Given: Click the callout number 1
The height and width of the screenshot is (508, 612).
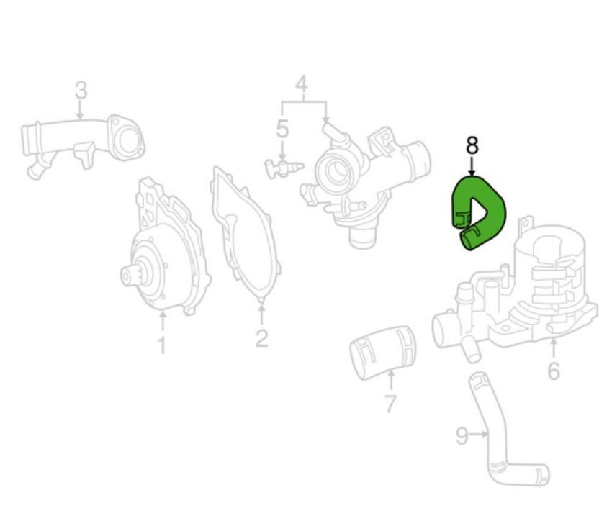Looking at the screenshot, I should pyautogui.click(x=162, y=345).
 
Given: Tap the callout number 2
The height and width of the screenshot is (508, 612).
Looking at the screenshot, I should pyautogui.click(x=261, y=337).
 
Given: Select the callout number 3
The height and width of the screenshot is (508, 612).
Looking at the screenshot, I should pyautogui.click(x=81, y=91).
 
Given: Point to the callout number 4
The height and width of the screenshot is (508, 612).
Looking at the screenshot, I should pyautogui.click(x=302, y=85).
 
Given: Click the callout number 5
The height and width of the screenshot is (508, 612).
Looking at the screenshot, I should pyautogui.click(x=282, y=130).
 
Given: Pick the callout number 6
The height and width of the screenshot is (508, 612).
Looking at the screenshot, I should pyautogui.click(x=553, y=371).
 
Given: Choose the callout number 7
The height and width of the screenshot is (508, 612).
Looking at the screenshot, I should pyautogui.click(x=390, y=404).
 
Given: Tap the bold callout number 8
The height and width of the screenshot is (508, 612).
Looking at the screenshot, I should pyautogui.click(x=472, y=146).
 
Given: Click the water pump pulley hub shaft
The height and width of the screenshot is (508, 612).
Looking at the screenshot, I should pyautogui.click(x=130, y=275).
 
